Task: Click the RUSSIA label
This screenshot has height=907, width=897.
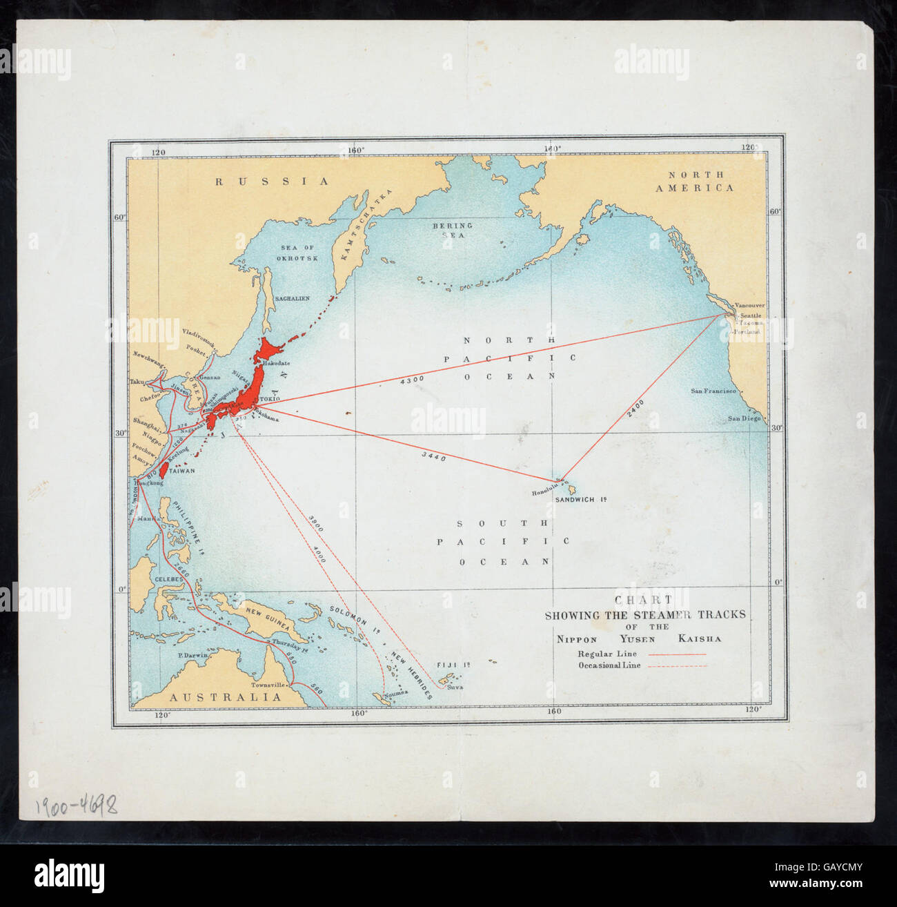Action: pos(272,182)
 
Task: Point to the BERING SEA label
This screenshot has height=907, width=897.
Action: pos(453,230)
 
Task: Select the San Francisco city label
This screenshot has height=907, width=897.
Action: pos(713,391)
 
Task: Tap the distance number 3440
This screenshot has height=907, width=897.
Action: pos(433,457)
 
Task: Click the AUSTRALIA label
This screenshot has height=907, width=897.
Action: pos(226,697)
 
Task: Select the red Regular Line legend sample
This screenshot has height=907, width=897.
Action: pos(682,654)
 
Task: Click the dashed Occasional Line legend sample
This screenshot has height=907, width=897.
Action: pos(682,666)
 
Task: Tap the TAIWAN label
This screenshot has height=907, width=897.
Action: pos(182,471)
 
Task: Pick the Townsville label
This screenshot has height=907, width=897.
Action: pos(268,685)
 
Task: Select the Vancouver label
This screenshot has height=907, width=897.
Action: pos(749,305)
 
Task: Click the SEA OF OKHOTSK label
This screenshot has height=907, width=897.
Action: pos(298,253)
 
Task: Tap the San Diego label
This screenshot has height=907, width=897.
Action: pos(744,419)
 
